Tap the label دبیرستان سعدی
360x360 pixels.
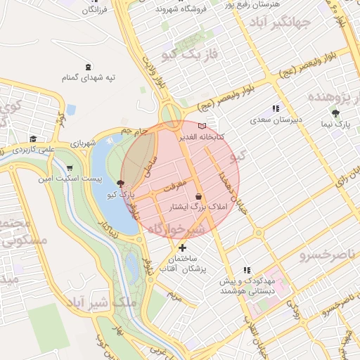[x=276, y=120]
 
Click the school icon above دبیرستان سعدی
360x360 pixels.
[x=276, y=109]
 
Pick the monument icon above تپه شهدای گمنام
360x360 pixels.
[x=87, y=67]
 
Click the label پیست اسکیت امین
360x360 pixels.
[x=68, y=179]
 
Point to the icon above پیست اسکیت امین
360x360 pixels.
[x=69, y=168]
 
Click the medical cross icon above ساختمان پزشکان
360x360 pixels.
[x=182, y=247]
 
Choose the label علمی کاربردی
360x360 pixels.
[x=32, y=149]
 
